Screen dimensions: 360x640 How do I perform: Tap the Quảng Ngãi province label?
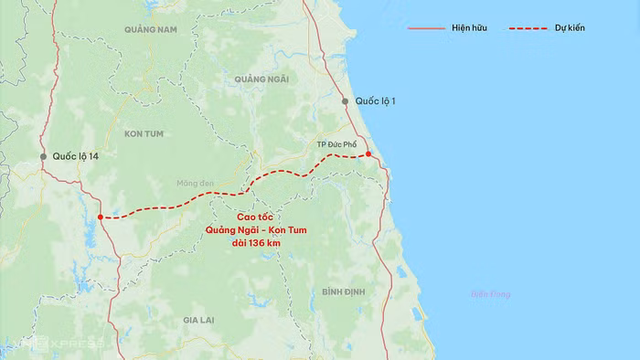pos(261,79)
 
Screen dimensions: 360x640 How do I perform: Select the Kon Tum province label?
pos(144,133)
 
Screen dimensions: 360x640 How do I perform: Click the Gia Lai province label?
pos(197,320)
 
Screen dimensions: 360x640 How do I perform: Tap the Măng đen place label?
pos(195,184)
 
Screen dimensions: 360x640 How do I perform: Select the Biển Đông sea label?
pos(491,294)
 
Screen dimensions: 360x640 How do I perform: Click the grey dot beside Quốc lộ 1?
pos(345,101)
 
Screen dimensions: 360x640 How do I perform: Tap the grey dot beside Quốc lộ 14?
pos(42,157)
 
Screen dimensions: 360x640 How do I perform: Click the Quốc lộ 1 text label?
pos(375,101)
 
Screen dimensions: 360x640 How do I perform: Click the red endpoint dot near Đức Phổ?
pos(368,154)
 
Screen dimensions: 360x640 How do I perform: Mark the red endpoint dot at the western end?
pos(100,217)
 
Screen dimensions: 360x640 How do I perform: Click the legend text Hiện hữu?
pos(469,28)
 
